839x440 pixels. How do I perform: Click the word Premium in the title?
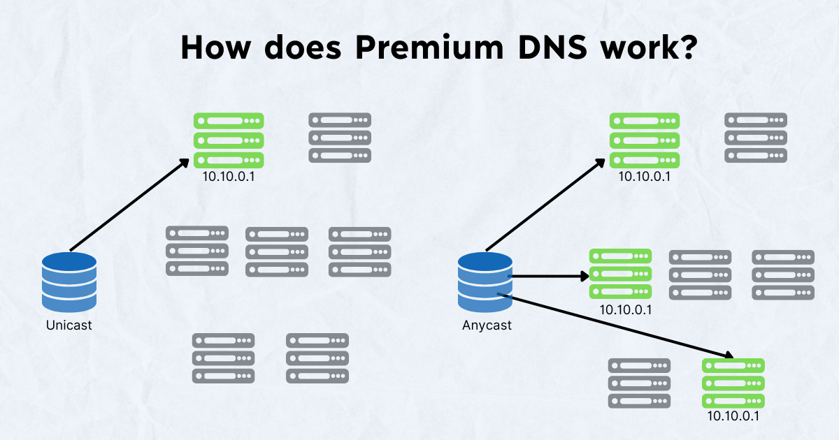tap(429, 48)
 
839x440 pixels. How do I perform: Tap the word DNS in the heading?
tap(552, 47)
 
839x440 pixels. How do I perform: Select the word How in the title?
tap(215, 47)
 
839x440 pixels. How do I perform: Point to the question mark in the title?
tap(687, 47)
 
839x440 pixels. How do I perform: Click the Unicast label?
tap(69, 325)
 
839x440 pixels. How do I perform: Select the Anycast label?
tap(487, 325)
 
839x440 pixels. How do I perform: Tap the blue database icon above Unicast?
tap(69, 282)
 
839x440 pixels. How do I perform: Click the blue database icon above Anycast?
tap(485, 282)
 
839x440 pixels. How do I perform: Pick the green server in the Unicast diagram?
tap(229, 140)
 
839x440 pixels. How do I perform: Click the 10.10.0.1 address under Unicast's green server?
tap(229, 176)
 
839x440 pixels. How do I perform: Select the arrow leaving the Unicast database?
tap(129, 204)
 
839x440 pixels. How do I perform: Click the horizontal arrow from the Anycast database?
tap(548, 277)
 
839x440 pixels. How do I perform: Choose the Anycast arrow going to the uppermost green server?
tap(545, 204)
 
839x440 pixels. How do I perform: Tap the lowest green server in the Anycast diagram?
tap(733, 383)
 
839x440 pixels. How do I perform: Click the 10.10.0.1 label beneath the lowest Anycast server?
tap(733, 416)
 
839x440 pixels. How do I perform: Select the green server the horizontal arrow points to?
tap(621, 274)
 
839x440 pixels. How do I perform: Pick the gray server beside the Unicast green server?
tap(340, 138)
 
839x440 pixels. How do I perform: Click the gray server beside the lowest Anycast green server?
tap(639, 383)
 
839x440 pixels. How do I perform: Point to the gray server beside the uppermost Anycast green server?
tap(756, 138)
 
